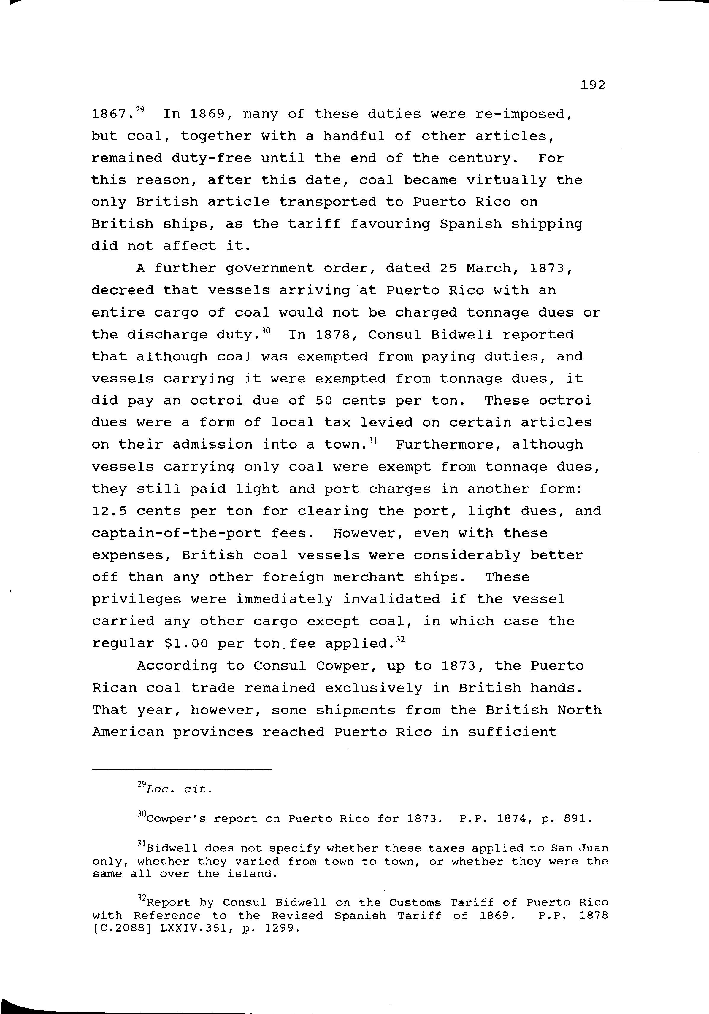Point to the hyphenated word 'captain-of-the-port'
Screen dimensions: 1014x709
(176, 533)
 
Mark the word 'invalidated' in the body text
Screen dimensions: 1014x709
(391, 600)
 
